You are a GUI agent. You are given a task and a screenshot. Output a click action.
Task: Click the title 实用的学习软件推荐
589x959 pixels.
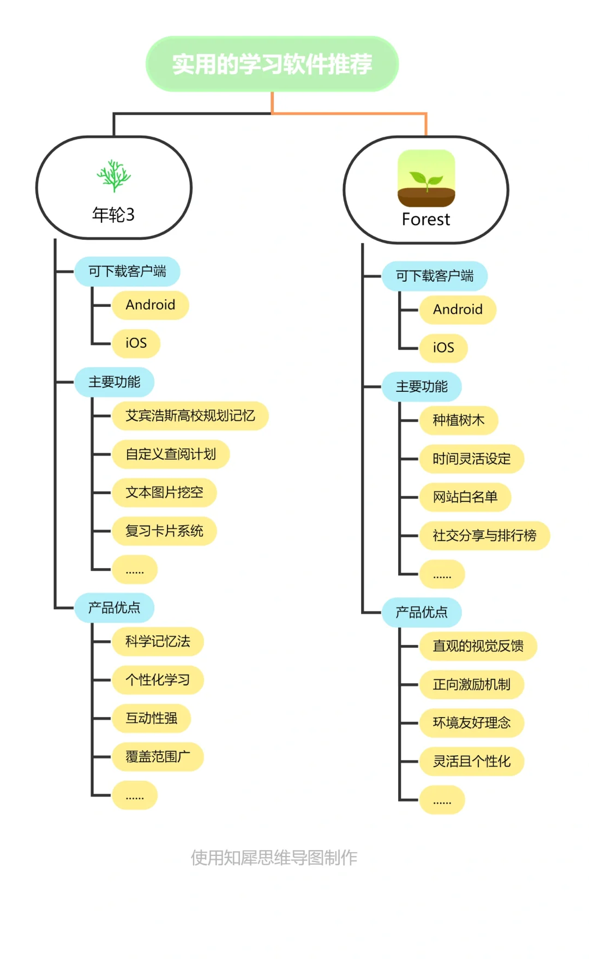pyautogui.click(x=272, y=64)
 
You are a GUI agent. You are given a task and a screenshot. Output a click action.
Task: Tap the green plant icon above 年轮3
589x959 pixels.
pyautogui.click(x=113, y=175)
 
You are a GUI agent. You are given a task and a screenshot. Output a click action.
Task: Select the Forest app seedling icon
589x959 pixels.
pyautogui.click(x=426, y=178)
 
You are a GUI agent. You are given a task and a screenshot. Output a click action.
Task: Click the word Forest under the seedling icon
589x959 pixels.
pyautogui.click(x=426, y=220)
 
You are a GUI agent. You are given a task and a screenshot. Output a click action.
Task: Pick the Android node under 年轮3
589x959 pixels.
pyautogui.click(x=151, y=305)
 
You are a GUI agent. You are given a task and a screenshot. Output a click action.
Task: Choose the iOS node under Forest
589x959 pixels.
pyautogui.click(x=443, y=348)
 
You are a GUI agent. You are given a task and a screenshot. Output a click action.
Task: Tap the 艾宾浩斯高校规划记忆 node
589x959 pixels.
pyautogui.click(x=190, y=416)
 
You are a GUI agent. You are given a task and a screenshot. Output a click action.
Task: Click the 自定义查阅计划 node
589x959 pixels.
pyautogui.click(x=171, y=454)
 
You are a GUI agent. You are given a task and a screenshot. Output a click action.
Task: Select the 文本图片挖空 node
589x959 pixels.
pyautogui.click(x=164, y=493)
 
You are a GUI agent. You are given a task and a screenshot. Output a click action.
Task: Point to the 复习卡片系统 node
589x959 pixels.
pyautogui.click(x=164, y=531)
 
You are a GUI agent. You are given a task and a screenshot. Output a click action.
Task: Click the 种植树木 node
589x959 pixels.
pyautogui.click(x=458, y=420)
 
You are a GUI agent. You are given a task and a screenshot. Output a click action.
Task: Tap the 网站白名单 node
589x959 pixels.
pyautogui.click(x=465, y=497)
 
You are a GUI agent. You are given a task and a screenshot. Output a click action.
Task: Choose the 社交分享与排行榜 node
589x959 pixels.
pyautogui.click(x=484, y=536)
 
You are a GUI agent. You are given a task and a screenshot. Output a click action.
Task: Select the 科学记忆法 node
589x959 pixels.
pyautogui.click(x=158, y=641)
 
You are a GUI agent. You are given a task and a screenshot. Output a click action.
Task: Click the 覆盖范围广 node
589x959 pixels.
pyautogui.click(x=158, y=757)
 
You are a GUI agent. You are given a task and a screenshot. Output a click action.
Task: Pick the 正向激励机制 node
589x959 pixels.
pyautogui.click(x=471, y=684)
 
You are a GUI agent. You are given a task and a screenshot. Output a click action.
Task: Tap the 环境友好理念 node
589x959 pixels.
pyautogui.click(x=471, y=723)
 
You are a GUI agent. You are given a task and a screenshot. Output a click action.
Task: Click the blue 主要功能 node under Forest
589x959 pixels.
pyautogui.click(x=422, y=387)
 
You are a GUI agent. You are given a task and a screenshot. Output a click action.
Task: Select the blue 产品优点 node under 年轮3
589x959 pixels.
pyautogui.click(x=114, y=608)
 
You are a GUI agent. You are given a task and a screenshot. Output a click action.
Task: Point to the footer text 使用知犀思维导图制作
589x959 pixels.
pyautogui.click(x=274, y=858)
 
